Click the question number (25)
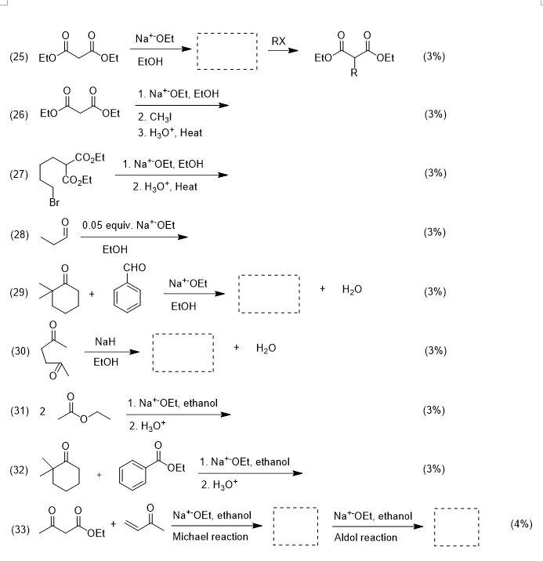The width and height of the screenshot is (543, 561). [19, 58]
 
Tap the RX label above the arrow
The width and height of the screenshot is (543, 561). [278, 41]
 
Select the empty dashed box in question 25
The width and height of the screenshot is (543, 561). [226, 52]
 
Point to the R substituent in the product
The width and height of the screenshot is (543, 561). [354, 74]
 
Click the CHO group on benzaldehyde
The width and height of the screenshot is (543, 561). [135, 268]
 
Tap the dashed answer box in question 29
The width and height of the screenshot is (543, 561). [269, 293]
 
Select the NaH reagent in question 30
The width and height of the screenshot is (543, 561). [105, 342]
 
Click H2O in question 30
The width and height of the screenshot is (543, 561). [265, 347]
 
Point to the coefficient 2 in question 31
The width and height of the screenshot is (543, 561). [43, 411]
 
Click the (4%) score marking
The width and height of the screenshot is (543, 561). [520, 523]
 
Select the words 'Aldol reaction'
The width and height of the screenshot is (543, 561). [365, 537]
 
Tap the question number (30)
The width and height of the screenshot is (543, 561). [19, 352]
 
